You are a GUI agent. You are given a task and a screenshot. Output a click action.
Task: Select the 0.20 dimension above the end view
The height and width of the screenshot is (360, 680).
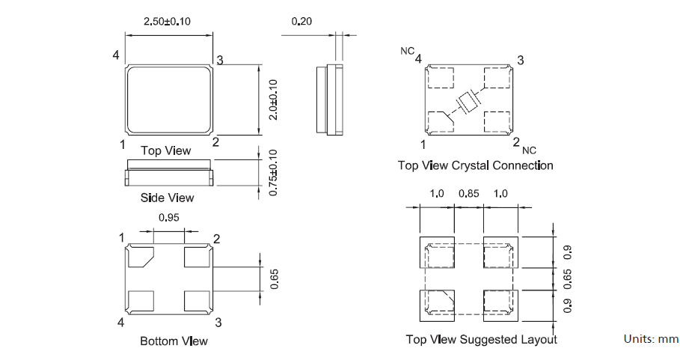tap(302, 22)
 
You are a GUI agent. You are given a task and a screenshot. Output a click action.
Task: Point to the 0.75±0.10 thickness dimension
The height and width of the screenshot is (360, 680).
tap(274, 172)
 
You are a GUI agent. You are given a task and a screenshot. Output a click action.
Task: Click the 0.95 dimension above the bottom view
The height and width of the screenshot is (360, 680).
tap(169, 219)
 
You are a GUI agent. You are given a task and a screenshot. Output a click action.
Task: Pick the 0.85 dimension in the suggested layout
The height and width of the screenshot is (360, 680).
tap(469, 194)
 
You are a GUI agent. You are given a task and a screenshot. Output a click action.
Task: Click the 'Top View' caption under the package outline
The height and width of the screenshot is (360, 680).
tap(166, 151)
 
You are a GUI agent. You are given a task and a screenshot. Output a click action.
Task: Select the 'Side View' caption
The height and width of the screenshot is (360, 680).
tap(167, 198)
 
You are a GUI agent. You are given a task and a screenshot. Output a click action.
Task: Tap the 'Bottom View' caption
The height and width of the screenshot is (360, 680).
tap(174, 341)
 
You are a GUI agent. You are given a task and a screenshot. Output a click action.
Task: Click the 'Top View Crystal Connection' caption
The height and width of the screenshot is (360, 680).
tap(475, 165)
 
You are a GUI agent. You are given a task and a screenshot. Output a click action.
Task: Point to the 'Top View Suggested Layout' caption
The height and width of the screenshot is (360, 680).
tap(481, 340)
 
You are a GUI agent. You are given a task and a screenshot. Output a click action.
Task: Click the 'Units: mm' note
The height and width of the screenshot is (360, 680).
tap(651, 339)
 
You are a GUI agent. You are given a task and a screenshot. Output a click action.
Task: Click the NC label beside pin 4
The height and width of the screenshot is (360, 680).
tap(406, 52)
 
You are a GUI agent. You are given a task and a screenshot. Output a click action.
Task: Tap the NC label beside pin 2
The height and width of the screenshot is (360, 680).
tap(530, 150)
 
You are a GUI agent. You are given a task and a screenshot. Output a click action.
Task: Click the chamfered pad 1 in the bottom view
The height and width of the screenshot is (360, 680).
tap(140, 256)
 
